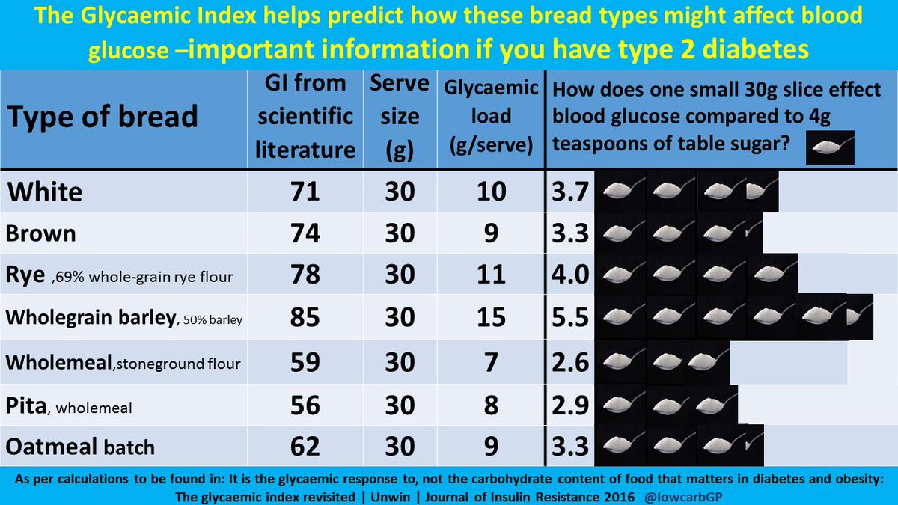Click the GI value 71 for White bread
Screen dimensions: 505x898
(305, 192)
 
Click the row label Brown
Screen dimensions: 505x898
(41, 233)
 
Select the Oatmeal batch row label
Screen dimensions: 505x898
(80, 447)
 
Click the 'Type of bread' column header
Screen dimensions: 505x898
(103, 117)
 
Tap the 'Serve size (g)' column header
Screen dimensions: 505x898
(400, 117)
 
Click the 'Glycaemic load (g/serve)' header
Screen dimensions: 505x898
(491, 117)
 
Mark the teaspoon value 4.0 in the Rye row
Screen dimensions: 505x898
(568, 276)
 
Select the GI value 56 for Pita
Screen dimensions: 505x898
(305, 405)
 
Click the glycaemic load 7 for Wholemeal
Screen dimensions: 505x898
(491, 362)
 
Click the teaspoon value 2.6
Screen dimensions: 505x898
(568, 362)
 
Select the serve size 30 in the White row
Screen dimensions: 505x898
(400, 192)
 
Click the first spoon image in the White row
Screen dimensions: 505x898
(620, 192)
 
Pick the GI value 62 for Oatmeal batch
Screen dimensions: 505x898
(305, 447)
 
